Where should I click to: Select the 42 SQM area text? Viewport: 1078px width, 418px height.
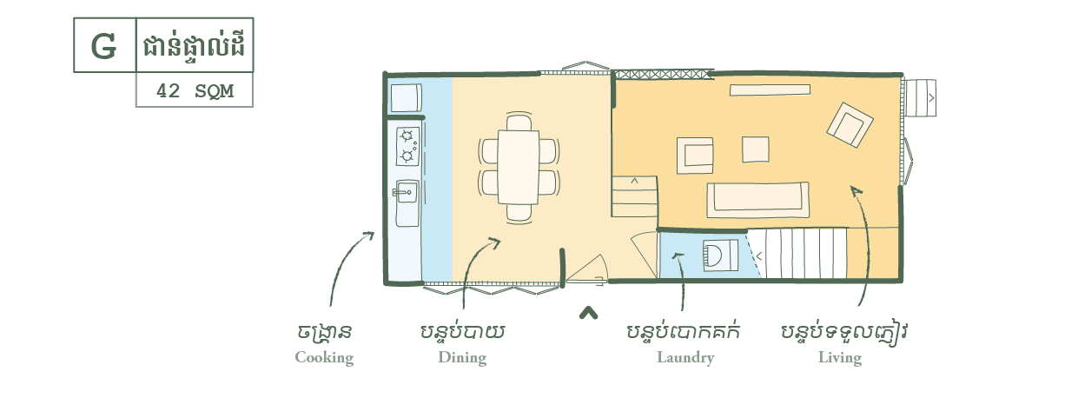tap(195, 90)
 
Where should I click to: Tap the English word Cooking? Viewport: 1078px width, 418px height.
tap(324, 358)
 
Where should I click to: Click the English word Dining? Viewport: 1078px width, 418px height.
tap(462, 358)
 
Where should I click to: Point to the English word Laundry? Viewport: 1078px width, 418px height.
tap(684, 358)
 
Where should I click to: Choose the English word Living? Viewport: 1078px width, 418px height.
tap(839, 358)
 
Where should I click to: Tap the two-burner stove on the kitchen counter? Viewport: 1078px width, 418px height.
tap(407, 146)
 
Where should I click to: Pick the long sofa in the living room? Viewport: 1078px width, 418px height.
tap(757, 199)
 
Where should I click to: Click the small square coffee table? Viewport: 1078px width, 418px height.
tap(755, 149)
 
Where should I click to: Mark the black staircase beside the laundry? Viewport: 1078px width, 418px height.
tap(797, 254)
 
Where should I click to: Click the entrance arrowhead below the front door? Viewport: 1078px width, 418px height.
tap(589, 313)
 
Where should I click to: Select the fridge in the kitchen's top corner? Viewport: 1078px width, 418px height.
tap(405, 96)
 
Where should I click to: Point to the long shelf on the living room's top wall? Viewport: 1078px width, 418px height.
tap(770, 89)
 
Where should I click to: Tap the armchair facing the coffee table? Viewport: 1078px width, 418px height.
tap(695, 156)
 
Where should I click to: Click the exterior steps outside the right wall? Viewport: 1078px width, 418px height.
tap(922, 97)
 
